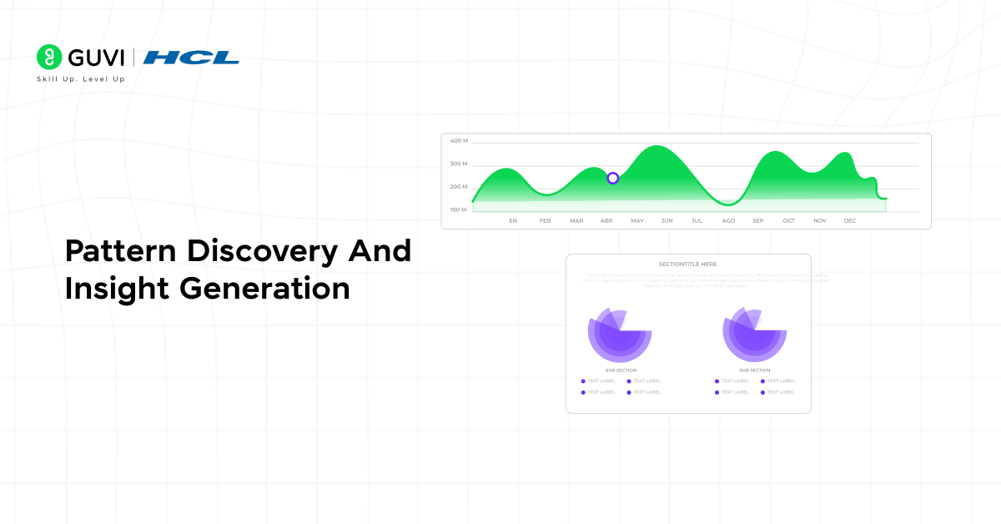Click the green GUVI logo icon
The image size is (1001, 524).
(49, 57)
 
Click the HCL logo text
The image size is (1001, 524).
(191, 58)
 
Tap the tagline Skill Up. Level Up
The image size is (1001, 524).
(80, 79)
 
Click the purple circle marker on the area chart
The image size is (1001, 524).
(613, 178)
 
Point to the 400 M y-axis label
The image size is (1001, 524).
(459, 141)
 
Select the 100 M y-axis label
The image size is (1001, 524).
(459, 209)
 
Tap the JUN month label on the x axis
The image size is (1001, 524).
(667, 221)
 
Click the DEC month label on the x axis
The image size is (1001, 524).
(850, 221)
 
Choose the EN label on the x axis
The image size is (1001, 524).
(513, 221)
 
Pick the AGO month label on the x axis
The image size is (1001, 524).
(728, 221)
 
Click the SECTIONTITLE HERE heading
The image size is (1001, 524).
(687, 265)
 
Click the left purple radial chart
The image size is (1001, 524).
(620, 333)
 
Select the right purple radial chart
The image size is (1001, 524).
(754, 333)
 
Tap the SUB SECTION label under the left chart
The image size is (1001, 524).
(621, 370)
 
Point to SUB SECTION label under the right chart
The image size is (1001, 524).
(754, 370)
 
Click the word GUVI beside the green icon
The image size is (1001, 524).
(96, 58)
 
